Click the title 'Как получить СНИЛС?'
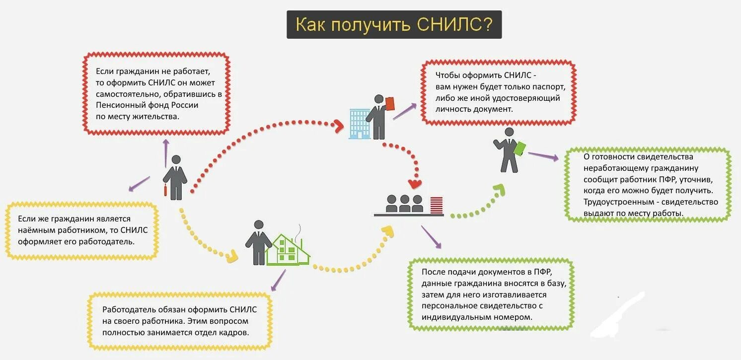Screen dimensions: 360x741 (394, 25)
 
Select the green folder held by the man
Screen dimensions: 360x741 (520, 149)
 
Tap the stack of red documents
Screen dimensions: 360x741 (437, 205)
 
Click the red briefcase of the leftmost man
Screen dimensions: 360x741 (165, 190)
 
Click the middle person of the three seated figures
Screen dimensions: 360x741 (405, 203)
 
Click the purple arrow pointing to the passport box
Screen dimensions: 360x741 (405, 112)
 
